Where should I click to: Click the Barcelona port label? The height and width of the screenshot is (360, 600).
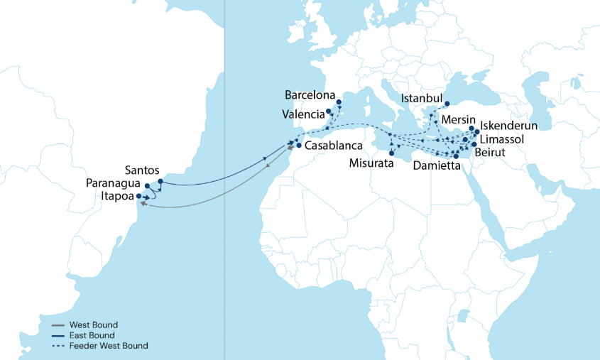(310, 94)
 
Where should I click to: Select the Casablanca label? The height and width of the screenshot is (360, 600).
(334, 146)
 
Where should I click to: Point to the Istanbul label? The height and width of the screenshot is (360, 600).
(422, 97)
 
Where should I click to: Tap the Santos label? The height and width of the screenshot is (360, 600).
(141, 170)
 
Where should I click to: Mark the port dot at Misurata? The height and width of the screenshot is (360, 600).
(391, 153)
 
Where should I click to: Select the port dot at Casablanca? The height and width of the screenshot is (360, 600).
(299, 146)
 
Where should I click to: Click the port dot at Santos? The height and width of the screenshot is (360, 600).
(160, 182)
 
